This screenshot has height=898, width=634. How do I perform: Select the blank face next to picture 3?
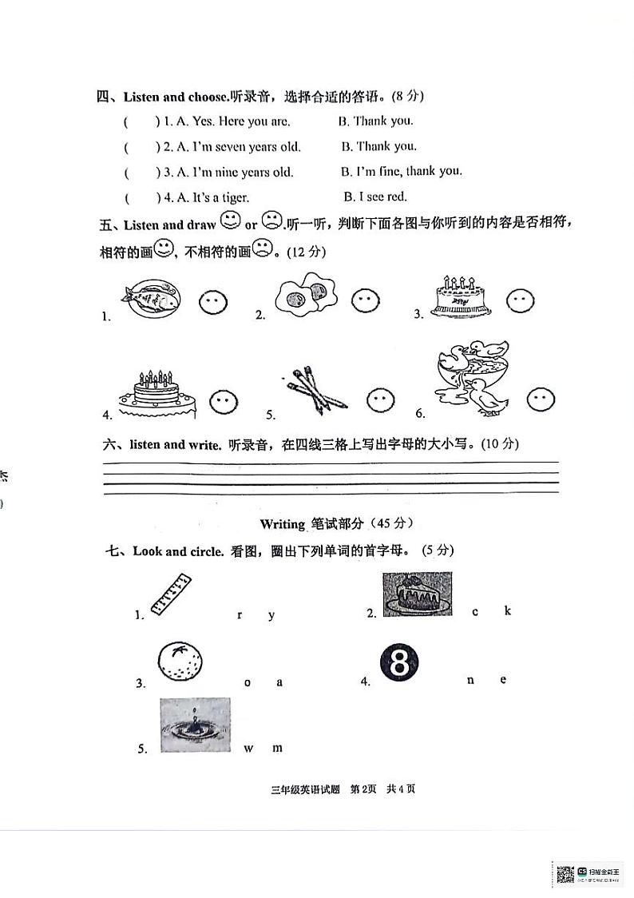520,301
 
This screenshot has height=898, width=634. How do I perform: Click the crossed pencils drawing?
314,390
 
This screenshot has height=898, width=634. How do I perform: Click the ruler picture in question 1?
171,594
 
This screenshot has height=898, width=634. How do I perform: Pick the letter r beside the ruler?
240,614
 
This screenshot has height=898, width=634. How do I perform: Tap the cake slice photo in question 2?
417,594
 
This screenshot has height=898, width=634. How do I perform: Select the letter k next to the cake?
507,610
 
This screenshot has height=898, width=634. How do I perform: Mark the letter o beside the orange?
248,681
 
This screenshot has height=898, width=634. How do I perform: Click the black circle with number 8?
400,663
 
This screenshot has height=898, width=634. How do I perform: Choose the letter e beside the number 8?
503,679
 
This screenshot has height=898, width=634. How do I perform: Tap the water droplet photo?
195,725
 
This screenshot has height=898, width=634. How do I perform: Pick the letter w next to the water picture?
249,748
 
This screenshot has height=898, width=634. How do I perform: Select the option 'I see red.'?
375,197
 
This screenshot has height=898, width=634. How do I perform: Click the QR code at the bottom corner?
565,874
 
